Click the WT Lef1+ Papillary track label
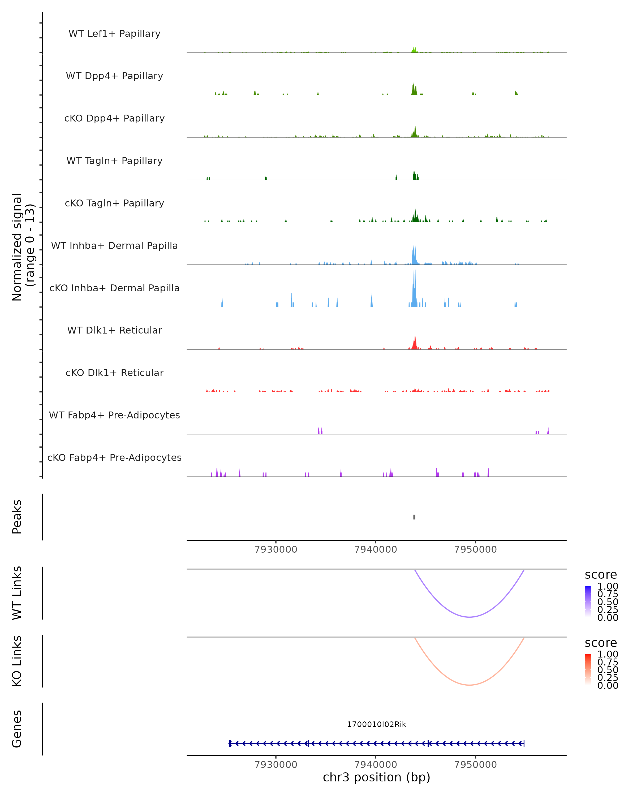point(114,34)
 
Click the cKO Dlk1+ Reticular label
point(114,373)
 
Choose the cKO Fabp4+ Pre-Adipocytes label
point(114,457)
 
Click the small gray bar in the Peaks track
point(414,517)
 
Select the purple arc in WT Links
point(469,617)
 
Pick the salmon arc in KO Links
point(469,685)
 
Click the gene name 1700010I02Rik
point(376,724)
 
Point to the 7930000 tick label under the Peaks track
point(276,550)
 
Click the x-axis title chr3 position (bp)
point(376,777)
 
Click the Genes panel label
point(17,729)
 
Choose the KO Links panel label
point(17,661)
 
